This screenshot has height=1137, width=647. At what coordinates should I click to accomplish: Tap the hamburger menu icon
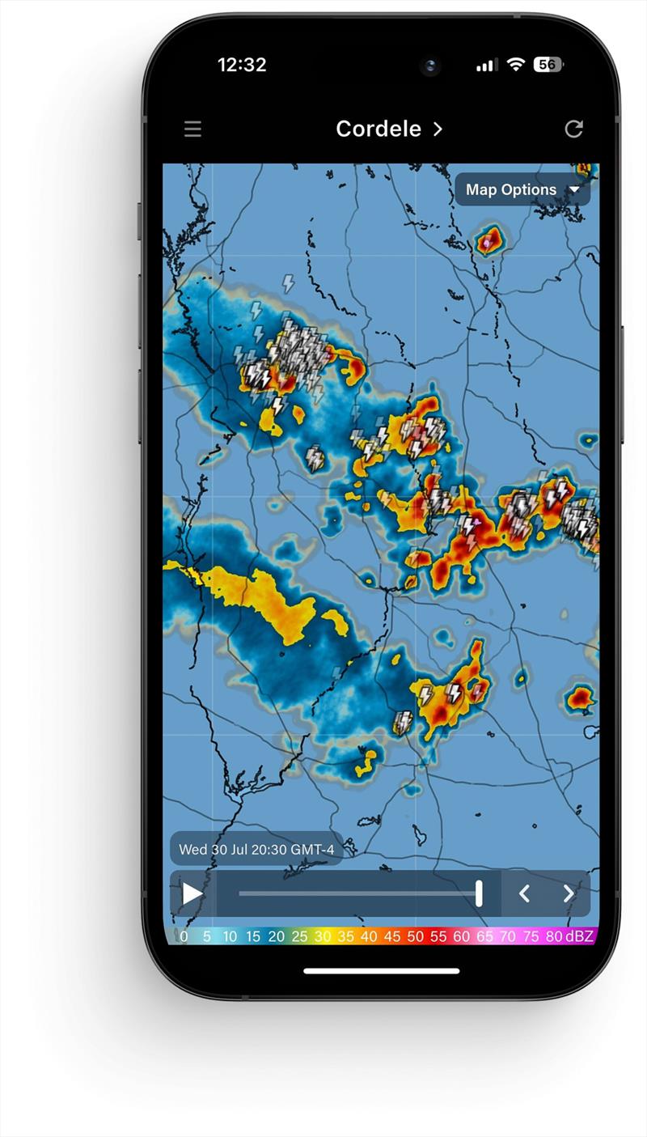coord(192,129)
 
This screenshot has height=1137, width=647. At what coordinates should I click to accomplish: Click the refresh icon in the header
coord(573,129)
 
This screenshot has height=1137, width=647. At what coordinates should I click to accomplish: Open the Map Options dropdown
coord(522,190)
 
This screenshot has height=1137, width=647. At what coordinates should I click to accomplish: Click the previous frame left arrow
coord(524,893)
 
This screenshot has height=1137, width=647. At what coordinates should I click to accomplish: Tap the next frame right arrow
coord(569,893)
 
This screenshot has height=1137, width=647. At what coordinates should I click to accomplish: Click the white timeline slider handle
coord(479,893)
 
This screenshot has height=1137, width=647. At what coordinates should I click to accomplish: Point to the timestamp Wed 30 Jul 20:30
coord(256,849)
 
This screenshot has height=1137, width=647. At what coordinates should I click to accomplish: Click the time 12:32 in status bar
coord(242,66)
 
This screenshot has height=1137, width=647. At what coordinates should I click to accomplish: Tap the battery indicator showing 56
coord(548,65)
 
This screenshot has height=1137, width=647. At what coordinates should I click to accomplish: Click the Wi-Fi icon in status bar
coord(515,65)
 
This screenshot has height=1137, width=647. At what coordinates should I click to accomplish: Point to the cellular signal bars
coord(486,66)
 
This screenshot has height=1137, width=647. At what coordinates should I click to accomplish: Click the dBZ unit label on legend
coord(579,936)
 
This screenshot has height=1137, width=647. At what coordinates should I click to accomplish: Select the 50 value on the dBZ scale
coord(415,936)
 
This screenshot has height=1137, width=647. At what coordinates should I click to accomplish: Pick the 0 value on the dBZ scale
coord(184,936)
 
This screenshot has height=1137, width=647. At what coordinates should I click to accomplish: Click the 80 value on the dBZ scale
coord(554,936)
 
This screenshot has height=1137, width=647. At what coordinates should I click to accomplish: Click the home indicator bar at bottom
coord(382,970)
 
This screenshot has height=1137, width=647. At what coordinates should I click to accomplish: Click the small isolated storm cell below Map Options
coord(489,240)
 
